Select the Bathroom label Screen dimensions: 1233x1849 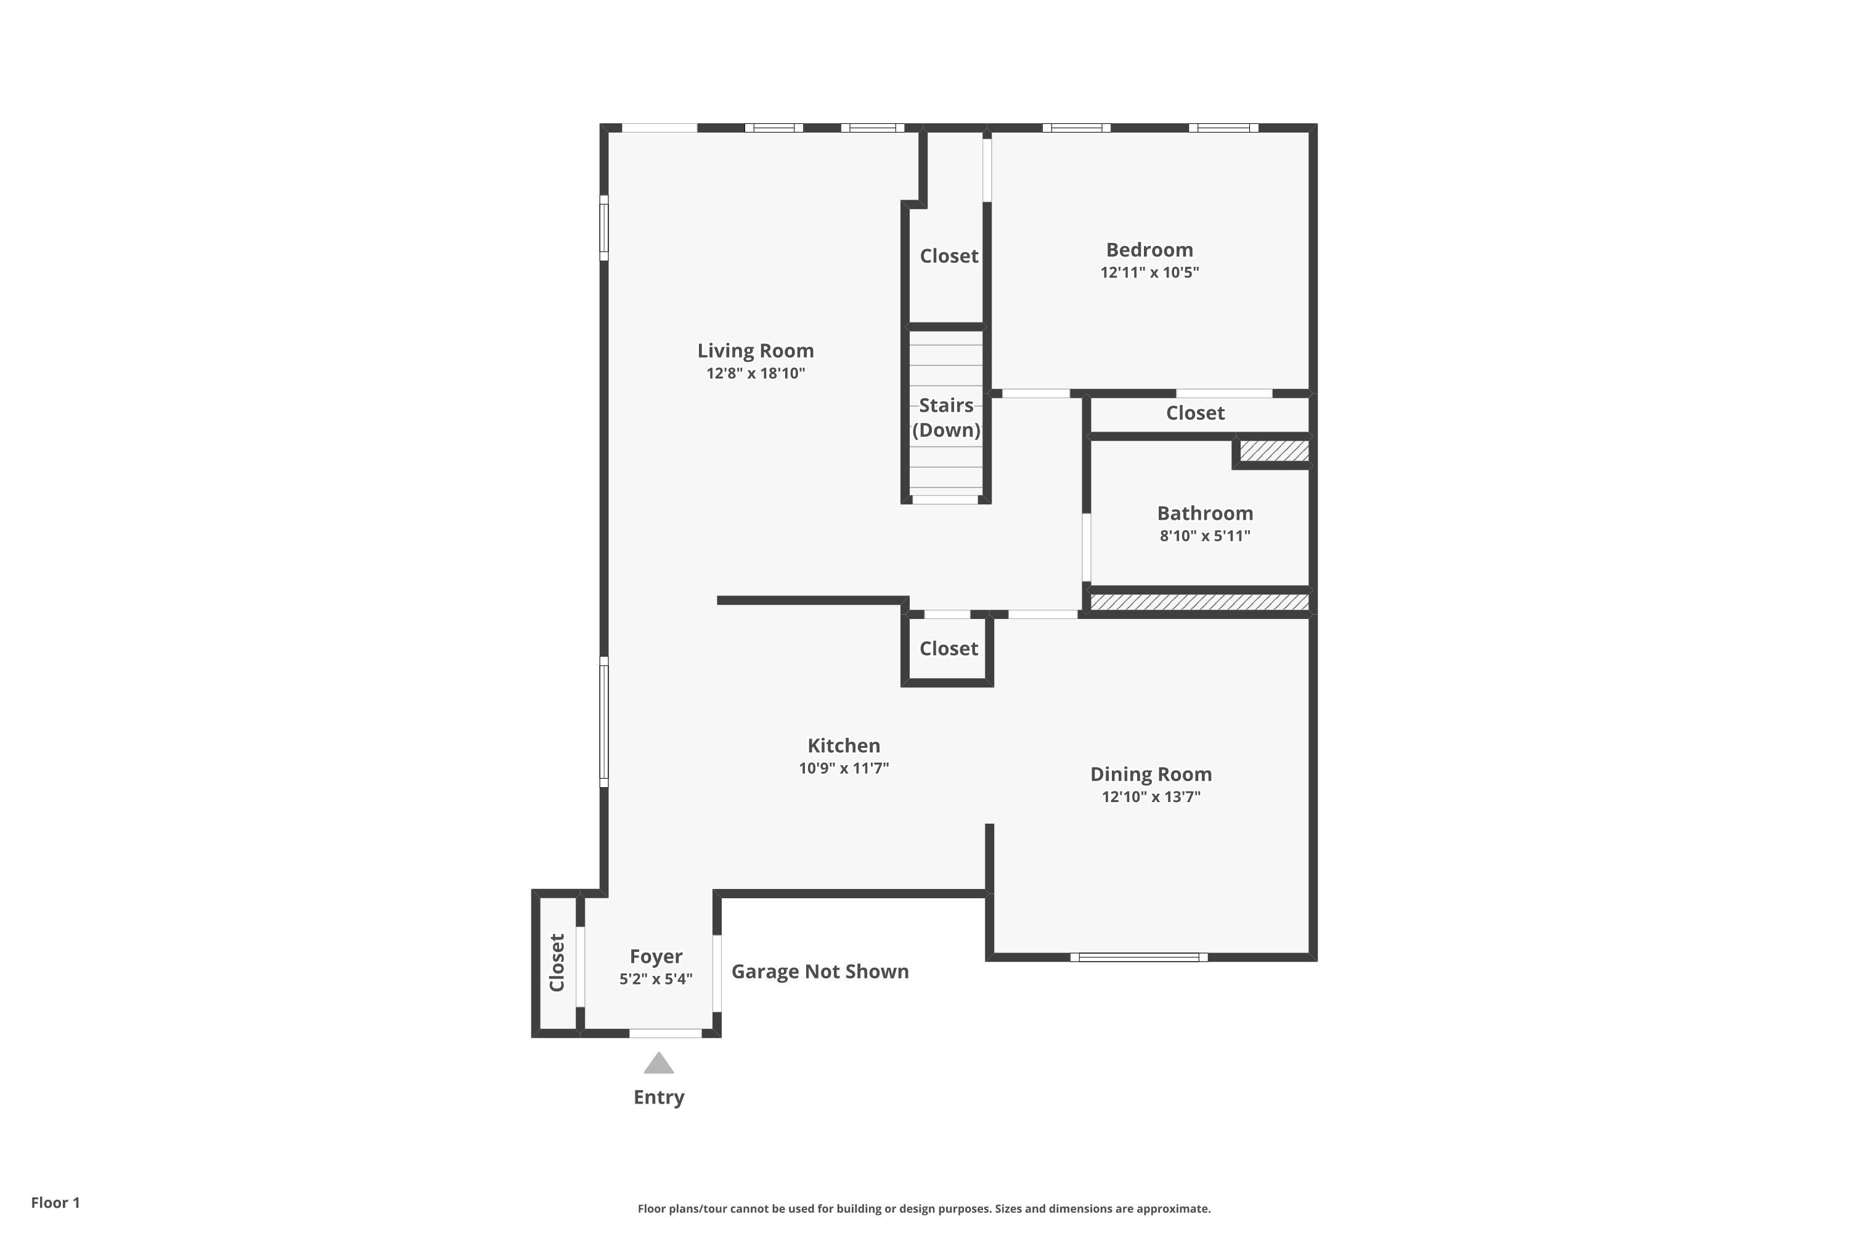tap(1204, 514)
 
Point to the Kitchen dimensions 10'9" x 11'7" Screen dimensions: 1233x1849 tap(844, 768)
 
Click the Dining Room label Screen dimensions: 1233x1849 tap(1150, 774)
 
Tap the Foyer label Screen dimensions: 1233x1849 tap(656, 957)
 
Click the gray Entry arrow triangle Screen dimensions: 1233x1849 tap(659, 1064)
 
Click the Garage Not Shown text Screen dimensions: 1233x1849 tap(819, 972)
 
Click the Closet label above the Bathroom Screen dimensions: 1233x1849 tap(1194, 414)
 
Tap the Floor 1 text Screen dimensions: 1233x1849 tap(55, 1202)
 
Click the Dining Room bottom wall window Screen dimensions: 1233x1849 tap(1138, 957)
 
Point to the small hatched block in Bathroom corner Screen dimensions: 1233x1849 tap(1273, 451)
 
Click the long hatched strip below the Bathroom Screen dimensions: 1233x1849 tap(1199, 602)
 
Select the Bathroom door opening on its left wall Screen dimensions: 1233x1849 tap(1087, 547)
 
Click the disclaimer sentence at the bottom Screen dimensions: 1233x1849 tap(924, 1208)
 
